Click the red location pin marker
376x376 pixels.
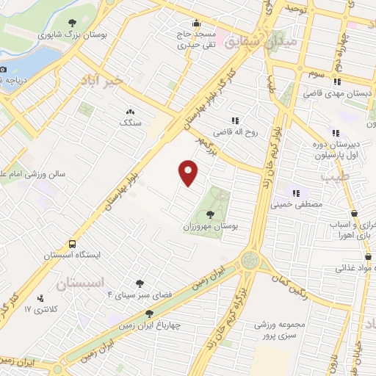point(189,172)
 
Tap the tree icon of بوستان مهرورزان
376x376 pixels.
point(211,214)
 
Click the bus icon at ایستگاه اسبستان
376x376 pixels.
point(73,244)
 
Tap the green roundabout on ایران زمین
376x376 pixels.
point(250,261)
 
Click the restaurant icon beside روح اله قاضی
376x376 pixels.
point(235,120)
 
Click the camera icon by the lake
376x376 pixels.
point(3,69)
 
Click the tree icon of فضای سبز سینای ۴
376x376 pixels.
point(140,283)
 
